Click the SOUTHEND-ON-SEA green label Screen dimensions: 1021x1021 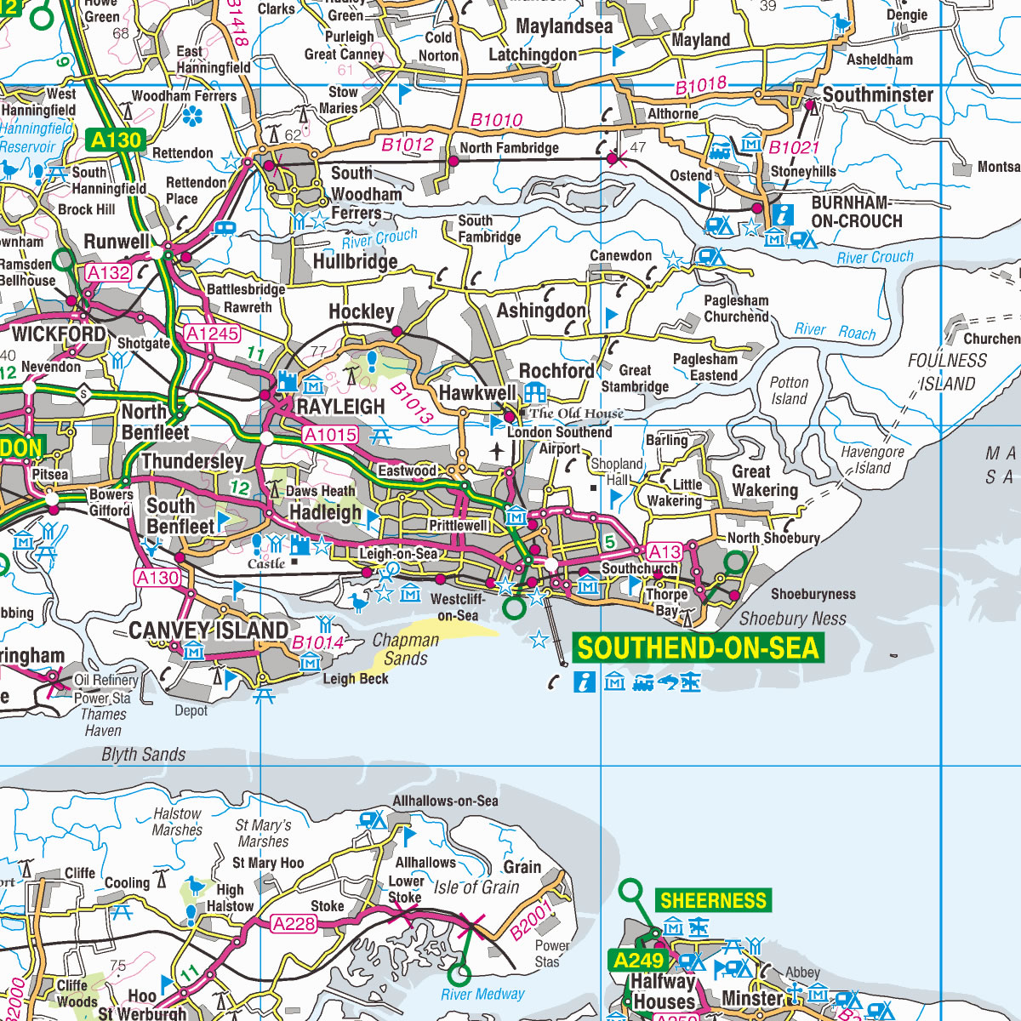pos(698,648)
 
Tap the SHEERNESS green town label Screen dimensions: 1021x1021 pos(713,901)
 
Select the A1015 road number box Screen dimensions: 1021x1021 pos(330,435)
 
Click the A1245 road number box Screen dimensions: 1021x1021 pos(212,334)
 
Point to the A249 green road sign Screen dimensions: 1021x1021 pos(639,961)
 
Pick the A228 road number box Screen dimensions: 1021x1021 pos(294,923)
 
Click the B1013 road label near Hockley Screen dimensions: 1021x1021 pos(412,402)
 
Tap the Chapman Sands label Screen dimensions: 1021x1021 pos(406,649)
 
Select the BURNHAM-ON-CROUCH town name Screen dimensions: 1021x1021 pos(856,212)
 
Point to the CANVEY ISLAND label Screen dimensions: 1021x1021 pos(208,630)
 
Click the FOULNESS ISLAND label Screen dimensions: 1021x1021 pos(947,372)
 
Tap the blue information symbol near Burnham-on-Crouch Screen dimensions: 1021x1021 pos(781,214)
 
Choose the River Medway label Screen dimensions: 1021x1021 pos(482,994)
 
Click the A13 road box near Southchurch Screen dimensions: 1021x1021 pos(664,551)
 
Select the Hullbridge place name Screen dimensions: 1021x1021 pos(355,261)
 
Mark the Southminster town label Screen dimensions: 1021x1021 pos(877,95)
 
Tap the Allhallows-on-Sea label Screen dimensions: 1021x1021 pos(445,801)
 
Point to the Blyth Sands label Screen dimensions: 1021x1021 pos(143,755)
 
